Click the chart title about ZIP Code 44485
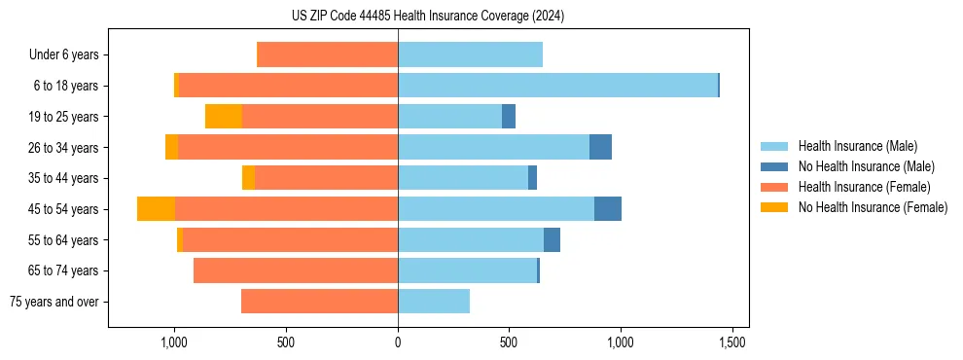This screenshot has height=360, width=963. (427, 16)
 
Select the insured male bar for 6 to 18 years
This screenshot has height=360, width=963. (557, 86)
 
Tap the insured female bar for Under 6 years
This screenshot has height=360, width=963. (327, 54)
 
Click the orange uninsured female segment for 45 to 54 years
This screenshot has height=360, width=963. (156, 209)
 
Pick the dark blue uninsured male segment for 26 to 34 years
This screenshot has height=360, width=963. (600, 147)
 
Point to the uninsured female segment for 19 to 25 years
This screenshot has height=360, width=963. (224, 117)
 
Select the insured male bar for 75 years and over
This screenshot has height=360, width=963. (434, 302)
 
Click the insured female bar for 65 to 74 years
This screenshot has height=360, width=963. (296, 270)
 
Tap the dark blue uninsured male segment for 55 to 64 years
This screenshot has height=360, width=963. (552, 240)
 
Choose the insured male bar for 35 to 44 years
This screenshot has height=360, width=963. (463, 178)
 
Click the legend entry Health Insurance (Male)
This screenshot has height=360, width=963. (857, 146)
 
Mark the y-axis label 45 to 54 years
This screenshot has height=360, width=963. (65, 209)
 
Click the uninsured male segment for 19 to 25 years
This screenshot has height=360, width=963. (509, 117)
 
